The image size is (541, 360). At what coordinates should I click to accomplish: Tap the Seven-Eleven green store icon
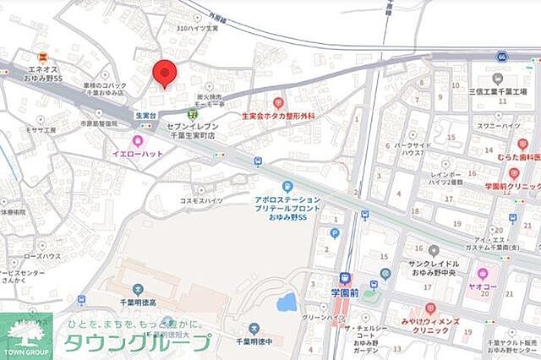pos(193,113)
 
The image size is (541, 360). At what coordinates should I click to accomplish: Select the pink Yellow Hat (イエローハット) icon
pos(138,141)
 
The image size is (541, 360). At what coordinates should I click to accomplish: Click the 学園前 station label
pos(345,292)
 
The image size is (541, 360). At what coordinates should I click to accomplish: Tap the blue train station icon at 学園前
pos(345,278)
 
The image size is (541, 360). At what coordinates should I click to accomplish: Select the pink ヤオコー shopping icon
pos(483,274)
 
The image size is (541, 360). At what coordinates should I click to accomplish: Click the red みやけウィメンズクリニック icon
pos(430,308)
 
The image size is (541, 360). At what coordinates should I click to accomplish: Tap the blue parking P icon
pos(335,233)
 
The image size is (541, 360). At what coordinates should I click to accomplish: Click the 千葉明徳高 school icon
pos(81,299)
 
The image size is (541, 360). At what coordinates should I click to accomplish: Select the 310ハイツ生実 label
pos(197,29)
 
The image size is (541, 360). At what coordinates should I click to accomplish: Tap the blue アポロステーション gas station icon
pos(287,186)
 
